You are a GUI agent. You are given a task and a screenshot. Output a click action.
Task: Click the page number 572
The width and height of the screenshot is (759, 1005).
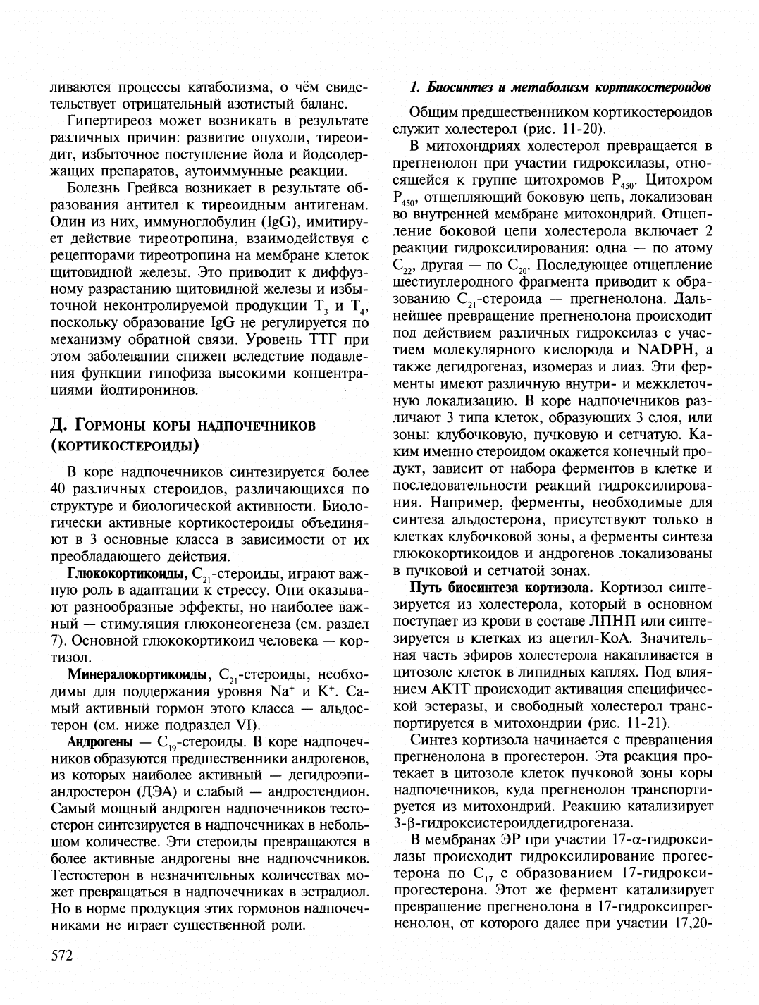click(62, 956)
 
